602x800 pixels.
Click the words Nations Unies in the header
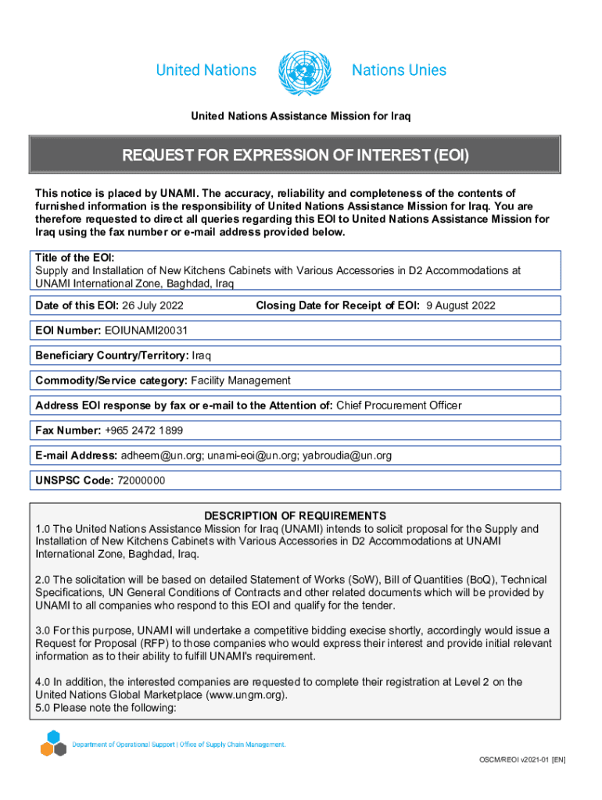point(399,70)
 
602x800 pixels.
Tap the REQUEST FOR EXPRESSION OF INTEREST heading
point(295,155)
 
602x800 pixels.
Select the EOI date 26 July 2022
point(156,305)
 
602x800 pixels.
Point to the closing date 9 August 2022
point(460,305)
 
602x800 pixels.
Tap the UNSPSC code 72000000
point(141,480)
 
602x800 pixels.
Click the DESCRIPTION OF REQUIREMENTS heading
point(295,516)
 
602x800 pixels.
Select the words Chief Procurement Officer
point(399,405)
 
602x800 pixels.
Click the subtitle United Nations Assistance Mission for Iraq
point(301,116)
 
